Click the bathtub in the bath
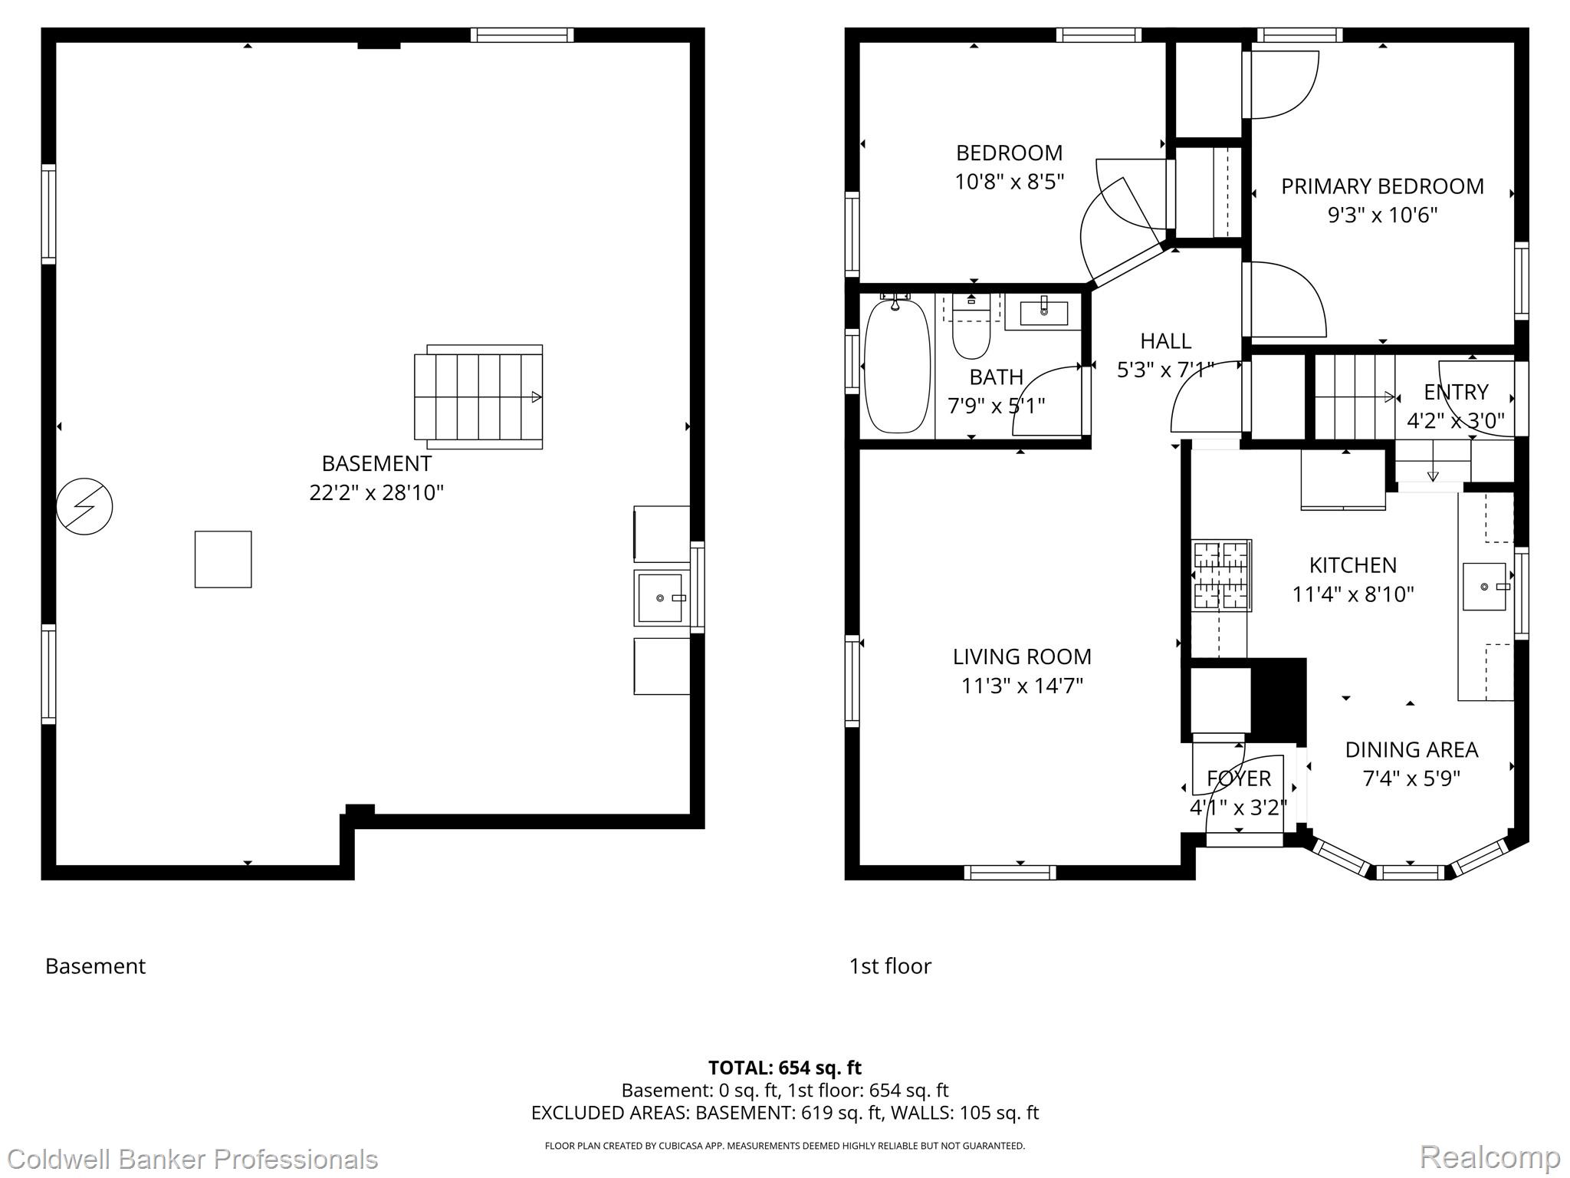(897, 367)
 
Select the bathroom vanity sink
(1043, 313)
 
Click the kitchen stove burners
(1221, 575)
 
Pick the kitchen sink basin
(1484, 587)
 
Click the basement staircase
(478, 397)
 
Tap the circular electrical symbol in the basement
(84, 506)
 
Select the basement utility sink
(660, 597)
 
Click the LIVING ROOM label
(1022, 656)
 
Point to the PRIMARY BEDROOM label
(1382, 186)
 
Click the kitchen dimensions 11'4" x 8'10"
(1353, 594)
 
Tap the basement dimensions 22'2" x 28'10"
(376, 492)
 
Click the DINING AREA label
(1411, 749)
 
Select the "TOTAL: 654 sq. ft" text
(785, 1068)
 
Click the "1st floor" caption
(890, 966)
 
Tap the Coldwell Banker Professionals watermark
(192, 1158)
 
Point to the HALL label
(1165, 341)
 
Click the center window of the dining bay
(1411, 872)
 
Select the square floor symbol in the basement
(223, 559)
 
